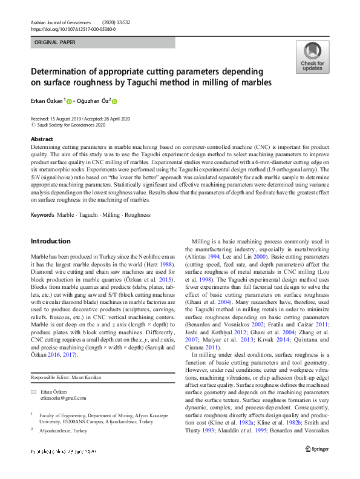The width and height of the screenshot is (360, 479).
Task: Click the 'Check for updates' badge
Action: [x=312, y=58]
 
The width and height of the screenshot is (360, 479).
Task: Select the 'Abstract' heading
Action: [x=41, y=139]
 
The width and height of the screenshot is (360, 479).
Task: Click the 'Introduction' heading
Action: [x=51, y=241]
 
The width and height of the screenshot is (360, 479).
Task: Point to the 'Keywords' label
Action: [x=42, y=215]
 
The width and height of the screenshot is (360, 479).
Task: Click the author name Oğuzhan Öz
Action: [x=93, y=101]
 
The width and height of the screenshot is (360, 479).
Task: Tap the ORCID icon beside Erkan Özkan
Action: [x=69, y=102]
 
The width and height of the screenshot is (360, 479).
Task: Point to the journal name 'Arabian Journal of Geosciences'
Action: [x=63, y=22]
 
